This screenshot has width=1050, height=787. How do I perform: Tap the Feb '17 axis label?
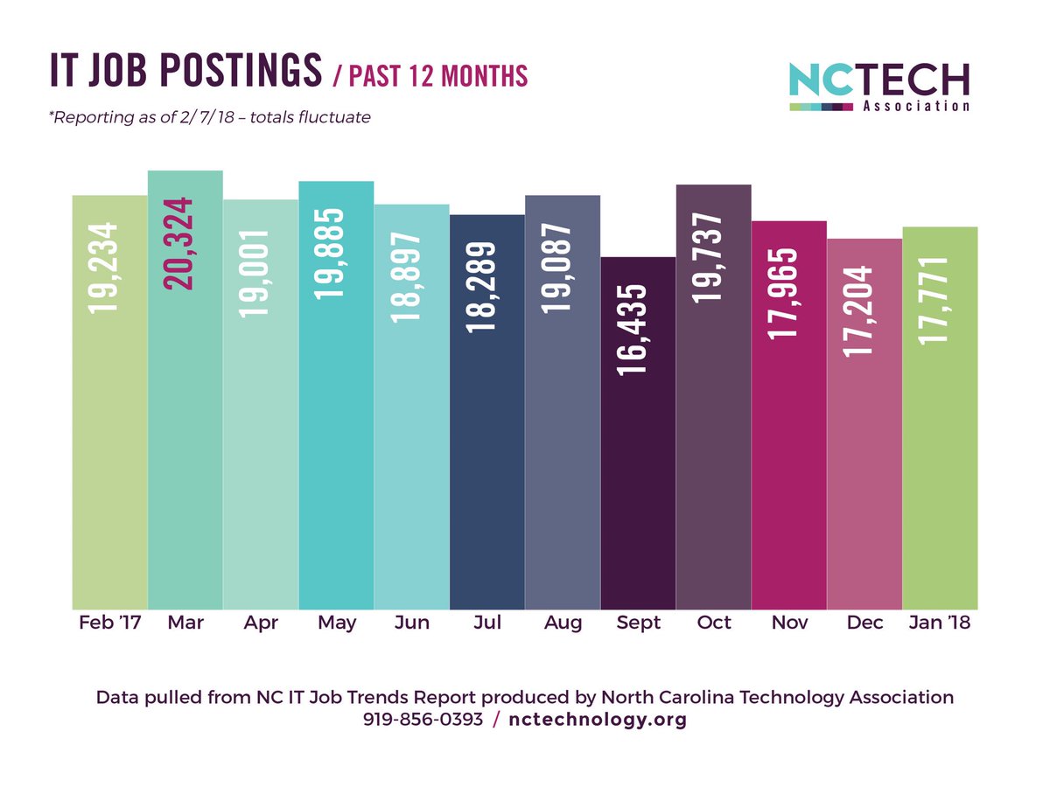[109, 623]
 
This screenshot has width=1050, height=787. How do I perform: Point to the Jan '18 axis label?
[940, 623]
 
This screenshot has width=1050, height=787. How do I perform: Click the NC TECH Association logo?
[878, 86]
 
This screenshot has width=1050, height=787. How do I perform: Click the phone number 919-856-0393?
[422, 720]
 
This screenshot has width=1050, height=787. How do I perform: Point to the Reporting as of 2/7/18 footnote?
[210, 117]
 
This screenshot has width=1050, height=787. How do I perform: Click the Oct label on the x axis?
[713, 623]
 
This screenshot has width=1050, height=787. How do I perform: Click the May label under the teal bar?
[337, 623]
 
